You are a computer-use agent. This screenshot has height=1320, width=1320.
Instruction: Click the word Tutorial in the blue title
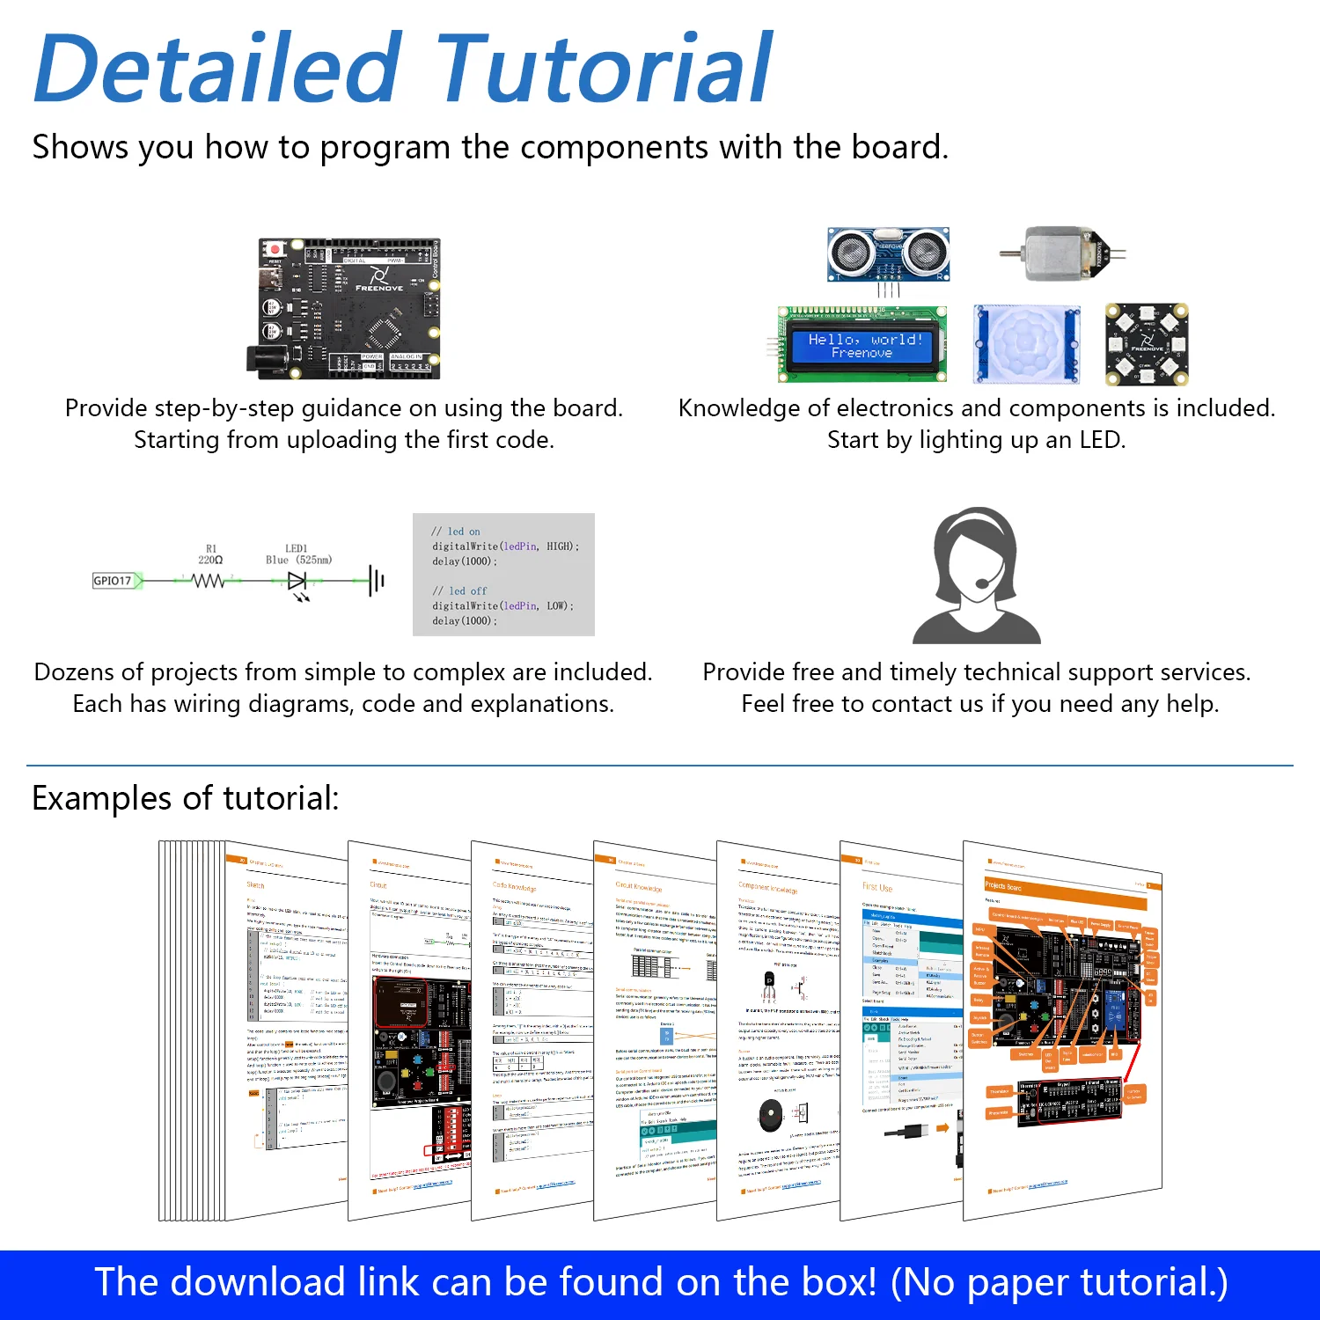click(x=604, y=69)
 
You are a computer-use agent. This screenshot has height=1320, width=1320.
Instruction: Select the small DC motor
click(x=1063, y=253)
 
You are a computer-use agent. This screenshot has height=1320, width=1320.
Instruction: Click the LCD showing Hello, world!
click(x=862, y=345)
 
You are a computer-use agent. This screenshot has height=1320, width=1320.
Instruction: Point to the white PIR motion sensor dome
click(x=1026, y=343)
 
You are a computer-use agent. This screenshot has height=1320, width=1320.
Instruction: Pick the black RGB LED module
click(x=1147, y=344)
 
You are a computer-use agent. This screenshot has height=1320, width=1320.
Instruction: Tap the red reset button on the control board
click(x=275, y=250)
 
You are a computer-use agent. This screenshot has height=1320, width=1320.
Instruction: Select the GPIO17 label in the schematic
click(x=113, y=581)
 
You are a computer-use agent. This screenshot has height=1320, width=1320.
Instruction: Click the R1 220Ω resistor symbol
click(x=209, y=581)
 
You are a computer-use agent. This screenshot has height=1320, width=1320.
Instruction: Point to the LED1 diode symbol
click(x=297, y=581)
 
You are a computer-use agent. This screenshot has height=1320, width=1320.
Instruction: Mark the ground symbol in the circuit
click(x=377, y=581)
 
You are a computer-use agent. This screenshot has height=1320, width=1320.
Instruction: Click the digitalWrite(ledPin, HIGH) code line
click(x=505, y=546)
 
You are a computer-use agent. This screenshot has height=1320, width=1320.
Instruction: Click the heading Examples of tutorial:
click(x=186, y=798)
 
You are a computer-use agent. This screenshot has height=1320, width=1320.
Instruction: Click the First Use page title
click(x=877, y=887)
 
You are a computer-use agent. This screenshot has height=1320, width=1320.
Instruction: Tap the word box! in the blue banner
click(x=833, y=1282)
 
